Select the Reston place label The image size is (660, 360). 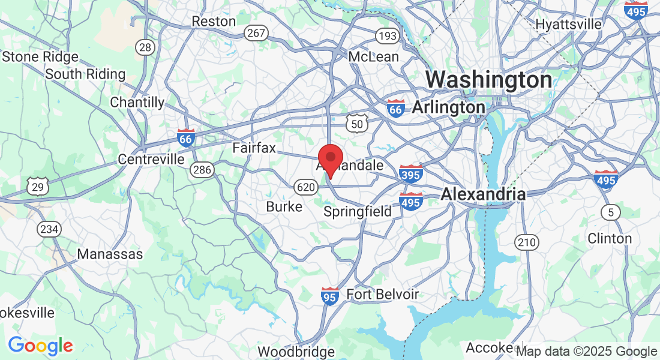pos(214,22)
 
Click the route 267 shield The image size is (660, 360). pos(256,33)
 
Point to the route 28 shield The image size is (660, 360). pos(145,47)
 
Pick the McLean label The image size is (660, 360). pos(374,57)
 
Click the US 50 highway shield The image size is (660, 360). pos(356,124)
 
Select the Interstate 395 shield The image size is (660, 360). pos(411,173)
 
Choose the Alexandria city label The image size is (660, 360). pos(483,194)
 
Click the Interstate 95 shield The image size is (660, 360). pos(330,295)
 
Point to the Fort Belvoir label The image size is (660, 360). pos(383,295)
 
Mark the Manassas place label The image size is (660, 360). pos(110,254)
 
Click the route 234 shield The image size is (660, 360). pos(47,229)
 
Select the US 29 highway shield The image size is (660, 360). pos(37,187)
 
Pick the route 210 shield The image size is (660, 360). pos(526,242)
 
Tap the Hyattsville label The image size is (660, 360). pos(568,25)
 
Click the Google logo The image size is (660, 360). pos(40,346)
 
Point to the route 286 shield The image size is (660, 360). pos(202,170)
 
